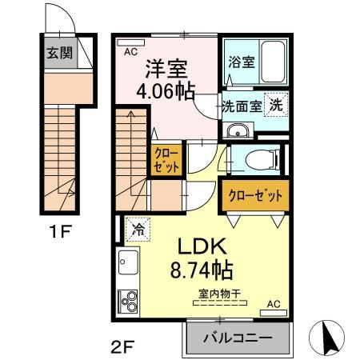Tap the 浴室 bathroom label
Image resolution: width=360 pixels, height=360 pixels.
pos(241,62)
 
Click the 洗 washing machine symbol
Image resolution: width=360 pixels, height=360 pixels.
pos(275,104)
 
